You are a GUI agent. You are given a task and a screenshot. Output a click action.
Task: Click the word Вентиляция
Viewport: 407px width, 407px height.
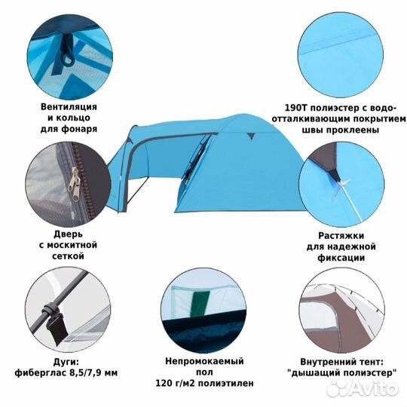69,107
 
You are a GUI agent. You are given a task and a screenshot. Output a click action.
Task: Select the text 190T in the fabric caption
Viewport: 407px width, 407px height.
295,108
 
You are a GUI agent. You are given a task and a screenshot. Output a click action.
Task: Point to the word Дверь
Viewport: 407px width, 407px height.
69,234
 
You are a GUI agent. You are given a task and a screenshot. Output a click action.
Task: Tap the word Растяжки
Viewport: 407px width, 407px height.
341,236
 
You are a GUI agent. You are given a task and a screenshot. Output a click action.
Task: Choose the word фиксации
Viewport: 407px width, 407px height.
341,258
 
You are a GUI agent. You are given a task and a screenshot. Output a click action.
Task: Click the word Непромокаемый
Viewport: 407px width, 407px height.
204,361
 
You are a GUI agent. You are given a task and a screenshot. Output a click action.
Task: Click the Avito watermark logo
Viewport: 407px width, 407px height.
363,389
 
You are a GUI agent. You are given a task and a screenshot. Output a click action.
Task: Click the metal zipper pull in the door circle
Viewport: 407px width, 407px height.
74,184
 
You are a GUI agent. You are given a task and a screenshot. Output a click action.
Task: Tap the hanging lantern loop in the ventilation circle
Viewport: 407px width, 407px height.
67,50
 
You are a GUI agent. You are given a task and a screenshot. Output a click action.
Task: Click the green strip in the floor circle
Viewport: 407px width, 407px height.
200,303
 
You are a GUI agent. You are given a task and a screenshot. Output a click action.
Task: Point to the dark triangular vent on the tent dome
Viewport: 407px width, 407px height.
250,135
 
